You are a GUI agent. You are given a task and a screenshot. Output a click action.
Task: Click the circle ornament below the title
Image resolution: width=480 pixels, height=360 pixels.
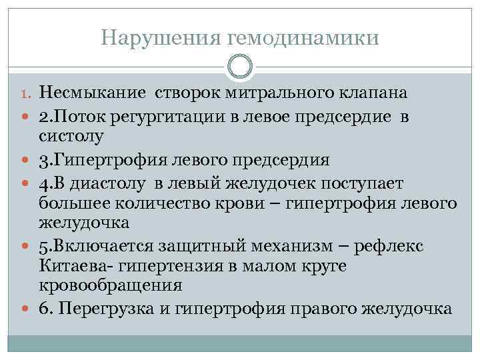point(240,67)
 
